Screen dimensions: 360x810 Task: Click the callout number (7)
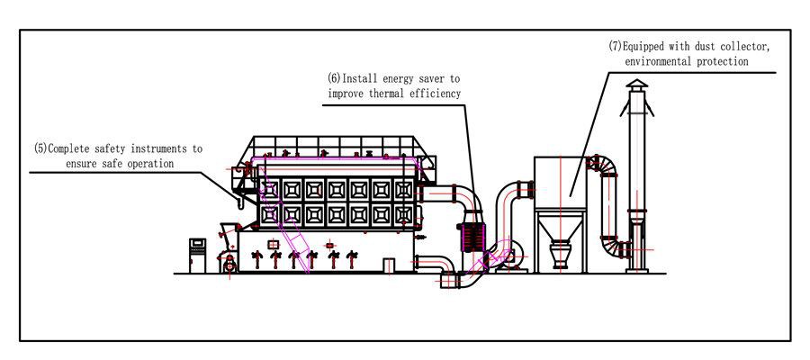pyautogui.click(x=616, y=47)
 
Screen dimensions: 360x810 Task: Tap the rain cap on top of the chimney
pyautogui.click(x=636, y=85)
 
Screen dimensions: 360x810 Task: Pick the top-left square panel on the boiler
pyautogui.click(x=268, y=189)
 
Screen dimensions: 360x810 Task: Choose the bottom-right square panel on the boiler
pyautogui.click(x=404, y=213)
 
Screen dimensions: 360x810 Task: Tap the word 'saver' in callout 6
pyautogui.click(x=427, y=79)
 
